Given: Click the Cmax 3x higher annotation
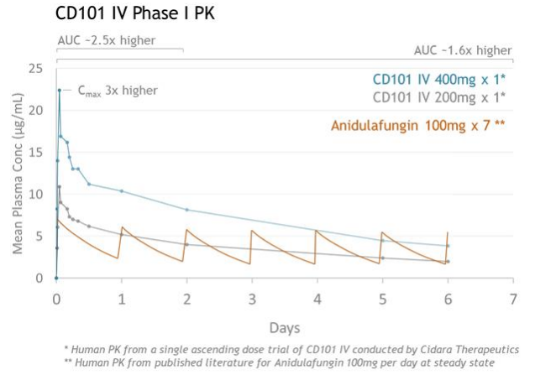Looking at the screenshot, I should click(118, 90).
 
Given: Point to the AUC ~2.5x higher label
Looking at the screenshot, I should click(106, 39).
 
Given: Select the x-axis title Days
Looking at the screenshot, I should click(284, 326).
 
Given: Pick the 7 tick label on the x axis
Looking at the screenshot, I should click(513, 298).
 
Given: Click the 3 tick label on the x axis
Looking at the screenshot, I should click(252, 298).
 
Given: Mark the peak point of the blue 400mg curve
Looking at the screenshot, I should click(59, 90).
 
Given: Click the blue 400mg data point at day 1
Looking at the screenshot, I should click(122, 190).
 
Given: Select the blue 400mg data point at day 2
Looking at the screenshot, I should click(186, 209).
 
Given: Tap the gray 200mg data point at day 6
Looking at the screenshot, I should click(448, 261).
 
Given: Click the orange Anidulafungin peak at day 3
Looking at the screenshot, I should click(252, 230).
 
